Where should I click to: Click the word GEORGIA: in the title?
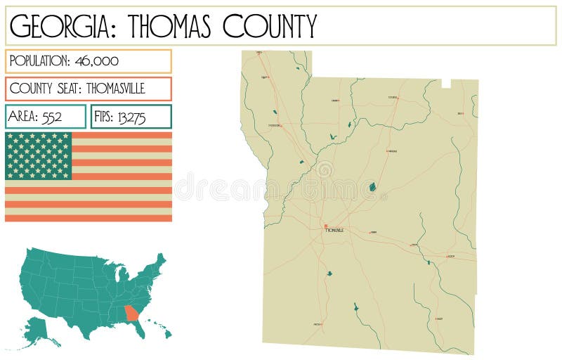point(60,26)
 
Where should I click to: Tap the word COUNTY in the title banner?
point(270,26)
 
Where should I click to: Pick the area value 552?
point(52,117)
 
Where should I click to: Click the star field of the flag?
point(39,155)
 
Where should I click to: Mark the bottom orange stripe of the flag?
point(89,217)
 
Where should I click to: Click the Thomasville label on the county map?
point(335,231)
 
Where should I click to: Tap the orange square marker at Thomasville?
point(326,226)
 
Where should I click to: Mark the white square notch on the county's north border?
point(445,84)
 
